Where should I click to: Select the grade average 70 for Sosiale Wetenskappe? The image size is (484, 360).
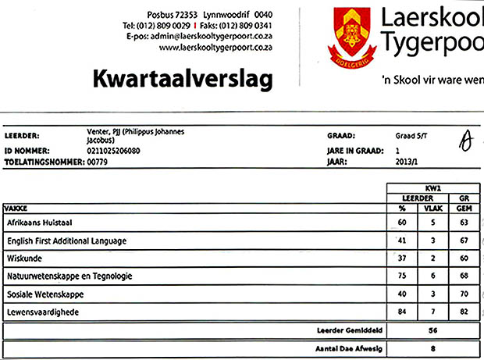click(x=464, y=294)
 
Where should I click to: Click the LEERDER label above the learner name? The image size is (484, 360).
click(x=22, y=135)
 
